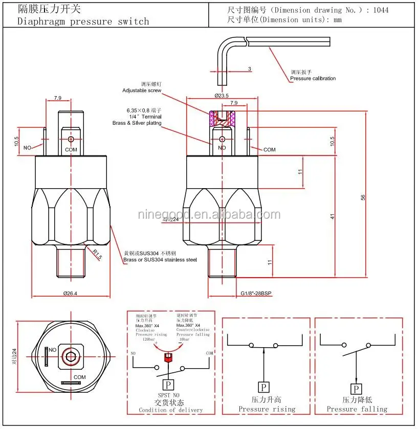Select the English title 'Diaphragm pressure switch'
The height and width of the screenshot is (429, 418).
point(83,21)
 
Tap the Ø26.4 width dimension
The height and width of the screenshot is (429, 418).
point(71,293)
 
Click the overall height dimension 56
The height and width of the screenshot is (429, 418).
point(363,197)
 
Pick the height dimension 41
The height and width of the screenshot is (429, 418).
point(332,217)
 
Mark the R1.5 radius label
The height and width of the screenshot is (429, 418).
point(97,254)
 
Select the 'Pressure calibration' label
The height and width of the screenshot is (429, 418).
point(313,78)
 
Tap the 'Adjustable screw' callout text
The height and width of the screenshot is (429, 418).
point(142,91)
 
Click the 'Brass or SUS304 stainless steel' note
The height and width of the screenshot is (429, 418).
point(160,260)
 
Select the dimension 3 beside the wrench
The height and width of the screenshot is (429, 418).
point(249,68)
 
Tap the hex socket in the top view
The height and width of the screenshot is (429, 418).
point(69,357)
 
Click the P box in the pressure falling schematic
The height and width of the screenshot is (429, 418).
point(354,389)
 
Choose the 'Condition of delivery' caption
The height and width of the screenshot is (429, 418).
point(170,410)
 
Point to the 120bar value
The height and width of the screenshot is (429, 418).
point(148,340)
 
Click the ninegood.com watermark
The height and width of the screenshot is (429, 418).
point(209,215)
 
